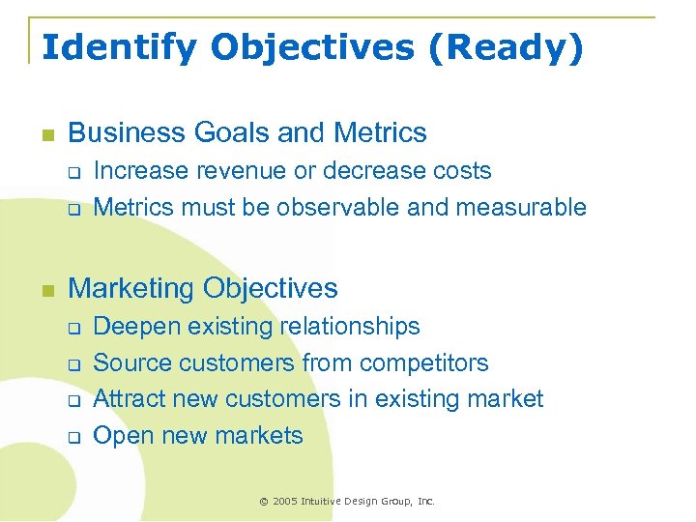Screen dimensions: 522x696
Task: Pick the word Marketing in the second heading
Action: [131, 288]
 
